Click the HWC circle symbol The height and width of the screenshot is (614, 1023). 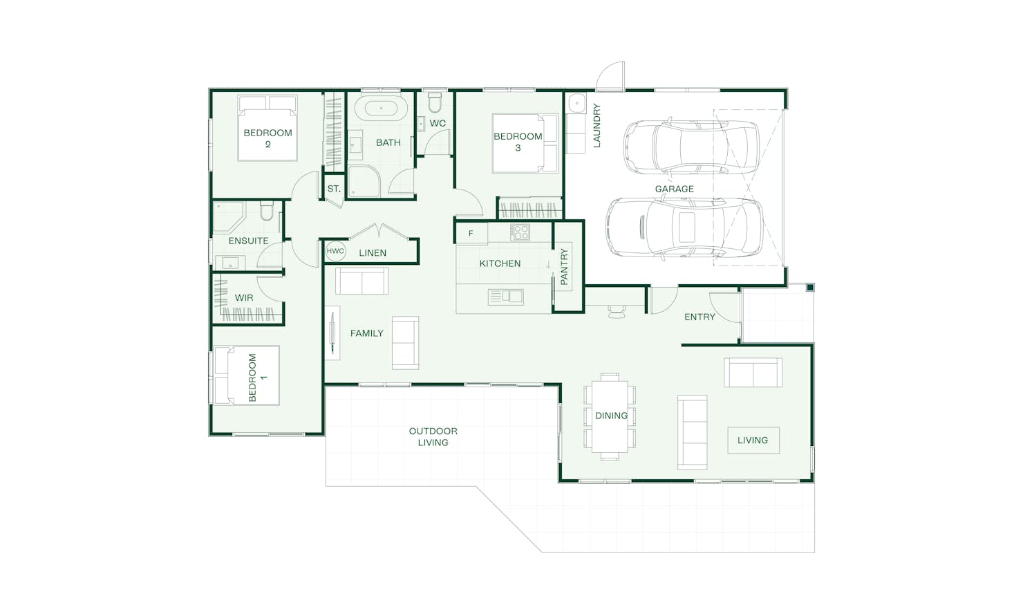(x=335, y=251)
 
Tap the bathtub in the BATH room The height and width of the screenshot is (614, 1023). (x=381, y=109)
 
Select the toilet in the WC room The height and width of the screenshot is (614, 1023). (x=434, y=102)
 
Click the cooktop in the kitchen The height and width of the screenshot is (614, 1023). (x=520, y=232)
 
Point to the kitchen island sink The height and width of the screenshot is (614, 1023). (x=505, y=297)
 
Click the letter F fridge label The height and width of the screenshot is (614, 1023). (x=471, y=234)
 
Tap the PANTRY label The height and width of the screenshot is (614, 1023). (x=564, y=267)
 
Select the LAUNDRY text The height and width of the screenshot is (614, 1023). (x=597, y=126)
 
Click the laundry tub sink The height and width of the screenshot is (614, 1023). (x=576, y=103)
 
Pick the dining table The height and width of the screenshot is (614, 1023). (x=610, y=416)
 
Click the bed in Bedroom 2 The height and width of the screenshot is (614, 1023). (x=268, y=128)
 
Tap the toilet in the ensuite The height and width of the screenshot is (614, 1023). (x=267, y=210)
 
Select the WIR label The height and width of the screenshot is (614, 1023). (x=244, y=298)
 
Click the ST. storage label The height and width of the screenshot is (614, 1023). (x=334, y=189)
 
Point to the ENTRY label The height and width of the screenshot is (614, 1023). (x=700, y=317)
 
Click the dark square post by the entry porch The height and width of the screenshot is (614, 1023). (x=810, y=288)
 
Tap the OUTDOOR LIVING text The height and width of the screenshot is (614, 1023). (x=433, y=437)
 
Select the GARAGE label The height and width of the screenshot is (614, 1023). (x=675, y=189)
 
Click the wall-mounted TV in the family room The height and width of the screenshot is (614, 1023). (x=333, y=333)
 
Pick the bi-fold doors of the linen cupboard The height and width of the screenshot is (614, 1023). (x=379, y=231)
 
